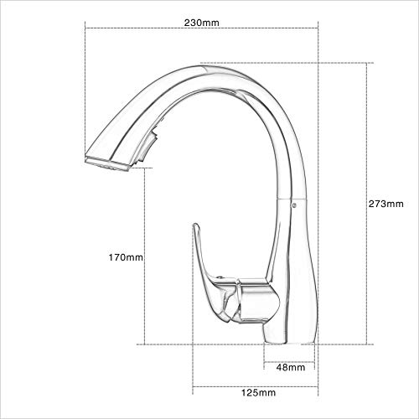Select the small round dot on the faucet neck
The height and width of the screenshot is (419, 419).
[x=292, y=202]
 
